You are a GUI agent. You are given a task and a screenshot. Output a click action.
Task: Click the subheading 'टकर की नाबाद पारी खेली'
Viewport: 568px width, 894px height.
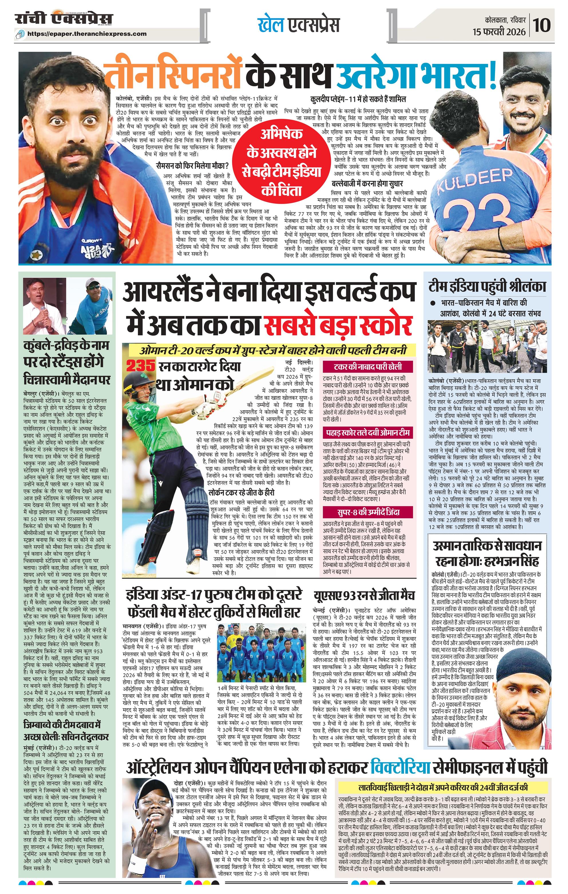tap(368, 367)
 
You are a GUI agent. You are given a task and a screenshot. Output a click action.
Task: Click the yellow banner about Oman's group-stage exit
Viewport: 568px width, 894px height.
tap(271, 351)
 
